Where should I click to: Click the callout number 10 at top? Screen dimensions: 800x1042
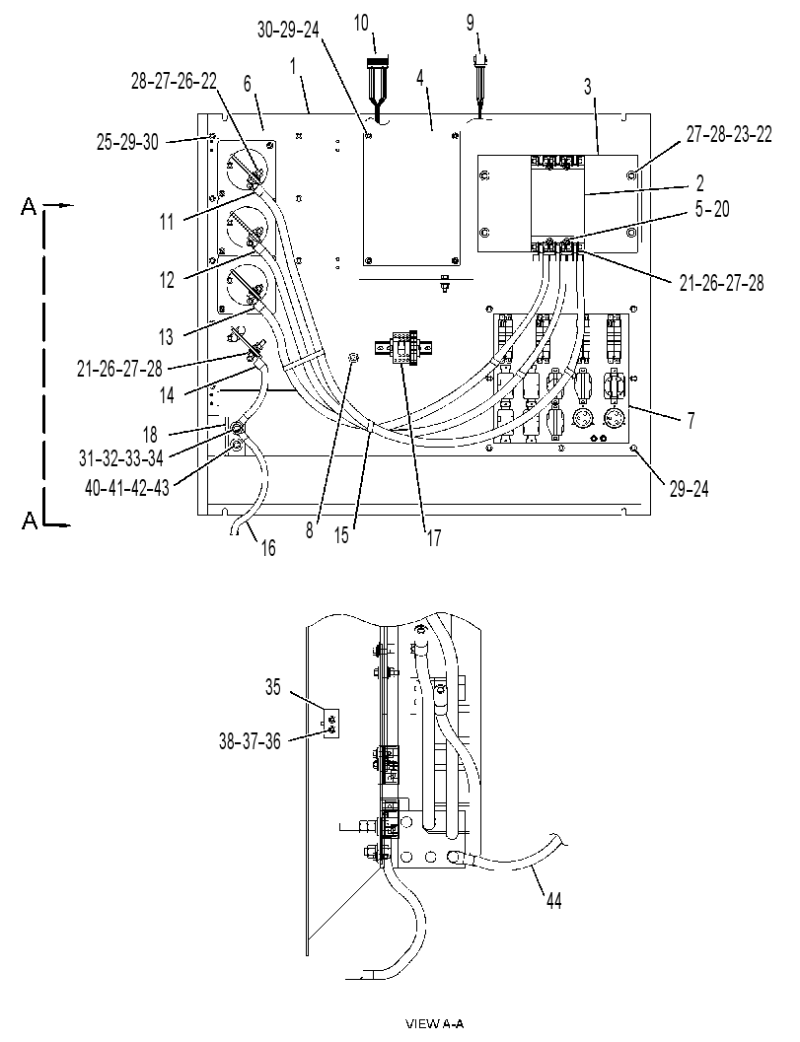pyautogui.click(x=360, y=24)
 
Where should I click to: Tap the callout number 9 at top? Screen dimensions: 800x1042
pyautogui.click(x=471, y=24)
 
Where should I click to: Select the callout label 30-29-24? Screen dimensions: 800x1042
pyautogui.click(x=289, y=31)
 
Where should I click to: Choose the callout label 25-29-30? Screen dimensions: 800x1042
pyautogui.click(x=127, y=142)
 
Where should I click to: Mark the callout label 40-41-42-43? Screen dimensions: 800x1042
pyautogui.click(x=127, y=488)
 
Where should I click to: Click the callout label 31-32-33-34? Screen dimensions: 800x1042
pyautogui.click(x=120, y=457)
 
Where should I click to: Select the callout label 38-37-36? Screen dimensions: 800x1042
pyautogui.click(x=250, y=740)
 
